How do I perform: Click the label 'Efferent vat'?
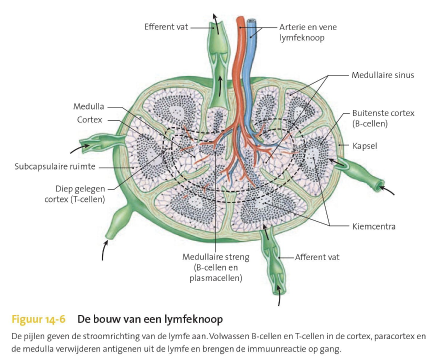166,27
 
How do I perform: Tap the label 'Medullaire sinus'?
382,75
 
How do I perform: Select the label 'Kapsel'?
364,146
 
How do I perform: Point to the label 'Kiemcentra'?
374,226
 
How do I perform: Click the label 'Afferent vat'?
317,257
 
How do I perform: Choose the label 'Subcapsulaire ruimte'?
55,166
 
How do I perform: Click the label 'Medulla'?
88,106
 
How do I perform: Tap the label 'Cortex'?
89,120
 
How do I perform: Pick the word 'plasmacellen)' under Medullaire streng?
215,278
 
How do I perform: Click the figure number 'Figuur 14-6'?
38,319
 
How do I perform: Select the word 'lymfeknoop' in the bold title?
193,319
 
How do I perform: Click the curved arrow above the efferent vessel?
216,20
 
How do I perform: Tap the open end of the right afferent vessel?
380,185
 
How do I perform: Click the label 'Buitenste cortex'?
383,113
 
